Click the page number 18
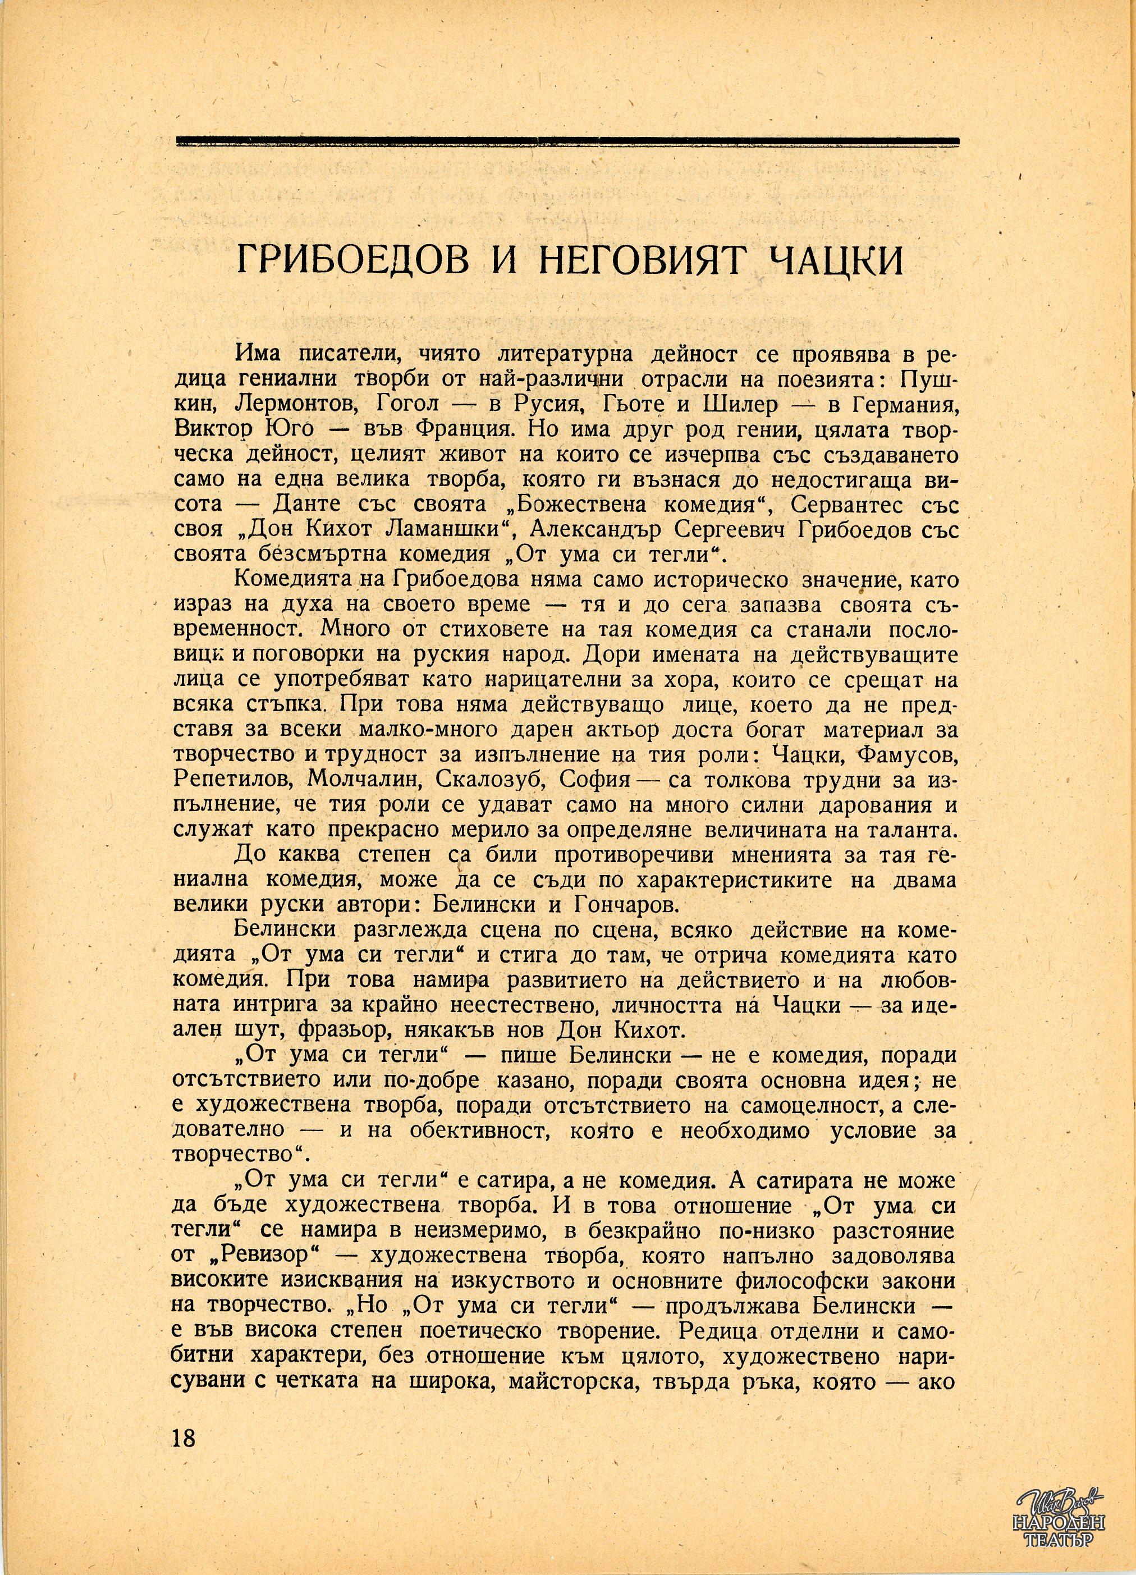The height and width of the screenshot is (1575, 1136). (184, 1432)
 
